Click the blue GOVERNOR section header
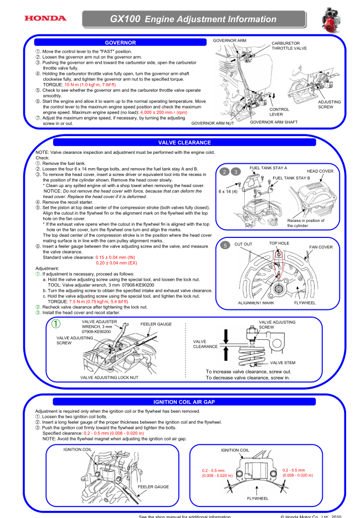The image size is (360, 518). (120, 42)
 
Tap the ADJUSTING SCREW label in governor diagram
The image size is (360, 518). (330, 105)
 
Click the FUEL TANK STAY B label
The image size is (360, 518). (291, 178)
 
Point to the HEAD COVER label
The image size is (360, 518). (320, 171)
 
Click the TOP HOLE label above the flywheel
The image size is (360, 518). (279, 243)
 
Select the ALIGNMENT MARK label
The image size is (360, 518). (256, 303)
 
